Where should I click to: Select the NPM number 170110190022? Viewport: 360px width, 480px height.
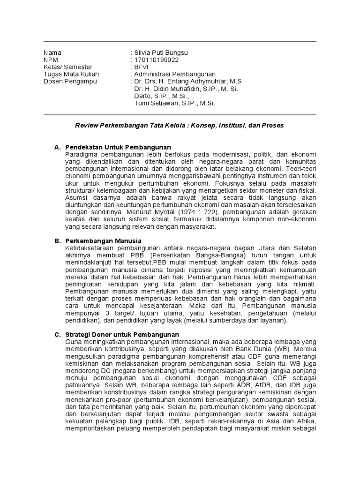tap(156, 60)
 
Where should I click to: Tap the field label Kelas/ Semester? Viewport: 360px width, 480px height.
tap(68, 67)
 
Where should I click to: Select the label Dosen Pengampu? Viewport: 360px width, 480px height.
tap(70, 81)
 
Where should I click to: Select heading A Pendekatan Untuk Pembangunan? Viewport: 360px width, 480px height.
tap(118, 147)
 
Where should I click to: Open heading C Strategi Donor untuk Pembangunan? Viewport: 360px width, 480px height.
tap(122, 334)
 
